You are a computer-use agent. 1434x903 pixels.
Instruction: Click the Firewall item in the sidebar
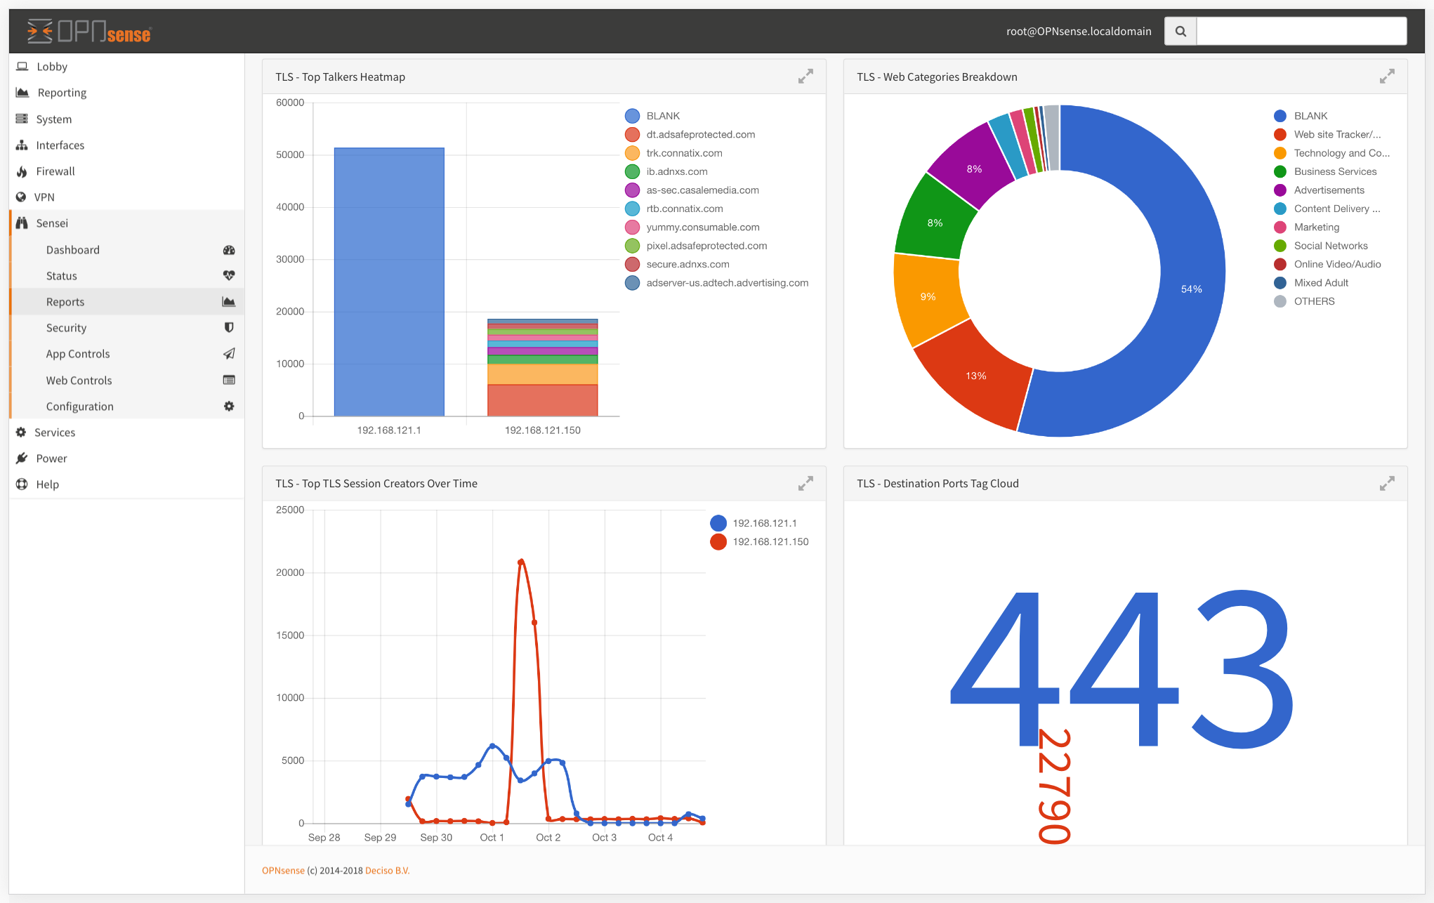coord(55,171)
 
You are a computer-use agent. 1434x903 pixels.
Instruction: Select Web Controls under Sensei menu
coord(79,381)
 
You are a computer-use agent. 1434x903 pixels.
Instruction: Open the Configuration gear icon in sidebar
coord(229,407)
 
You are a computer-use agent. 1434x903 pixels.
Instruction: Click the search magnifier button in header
coord(1180,32)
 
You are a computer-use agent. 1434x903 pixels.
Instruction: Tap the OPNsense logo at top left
coord(89,32)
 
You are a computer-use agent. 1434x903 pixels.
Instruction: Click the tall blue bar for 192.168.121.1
coord(389,281)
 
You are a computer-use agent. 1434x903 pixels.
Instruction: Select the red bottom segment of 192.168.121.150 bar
coord(542,400)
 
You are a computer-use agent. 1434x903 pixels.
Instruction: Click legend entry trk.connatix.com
coord(684,153)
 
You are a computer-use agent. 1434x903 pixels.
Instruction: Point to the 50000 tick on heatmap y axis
coord(290,154)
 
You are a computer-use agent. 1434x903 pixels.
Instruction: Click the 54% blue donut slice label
coord(1191,289)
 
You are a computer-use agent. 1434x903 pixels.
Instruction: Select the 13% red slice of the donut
coord(975,376)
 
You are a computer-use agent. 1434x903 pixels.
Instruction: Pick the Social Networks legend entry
coord(1330,246)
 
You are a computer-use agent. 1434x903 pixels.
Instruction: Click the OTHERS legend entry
coord(1314,301)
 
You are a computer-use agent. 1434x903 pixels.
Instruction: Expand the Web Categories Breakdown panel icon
coord(1386,77)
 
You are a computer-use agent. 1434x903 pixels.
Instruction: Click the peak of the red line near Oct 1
coord(520,562)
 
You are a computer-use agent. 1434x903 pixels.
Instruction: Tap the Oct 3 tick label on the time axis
coord(604,838)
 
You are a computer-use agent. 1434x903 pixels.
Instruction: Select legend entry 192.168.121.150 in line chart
coord(770,542)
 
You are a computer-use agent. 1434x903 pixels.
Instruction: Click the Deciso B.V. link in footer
coord(387,871)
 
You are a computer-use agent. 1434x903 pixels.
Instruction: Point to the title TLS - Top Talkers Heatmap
coord(340,77)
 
